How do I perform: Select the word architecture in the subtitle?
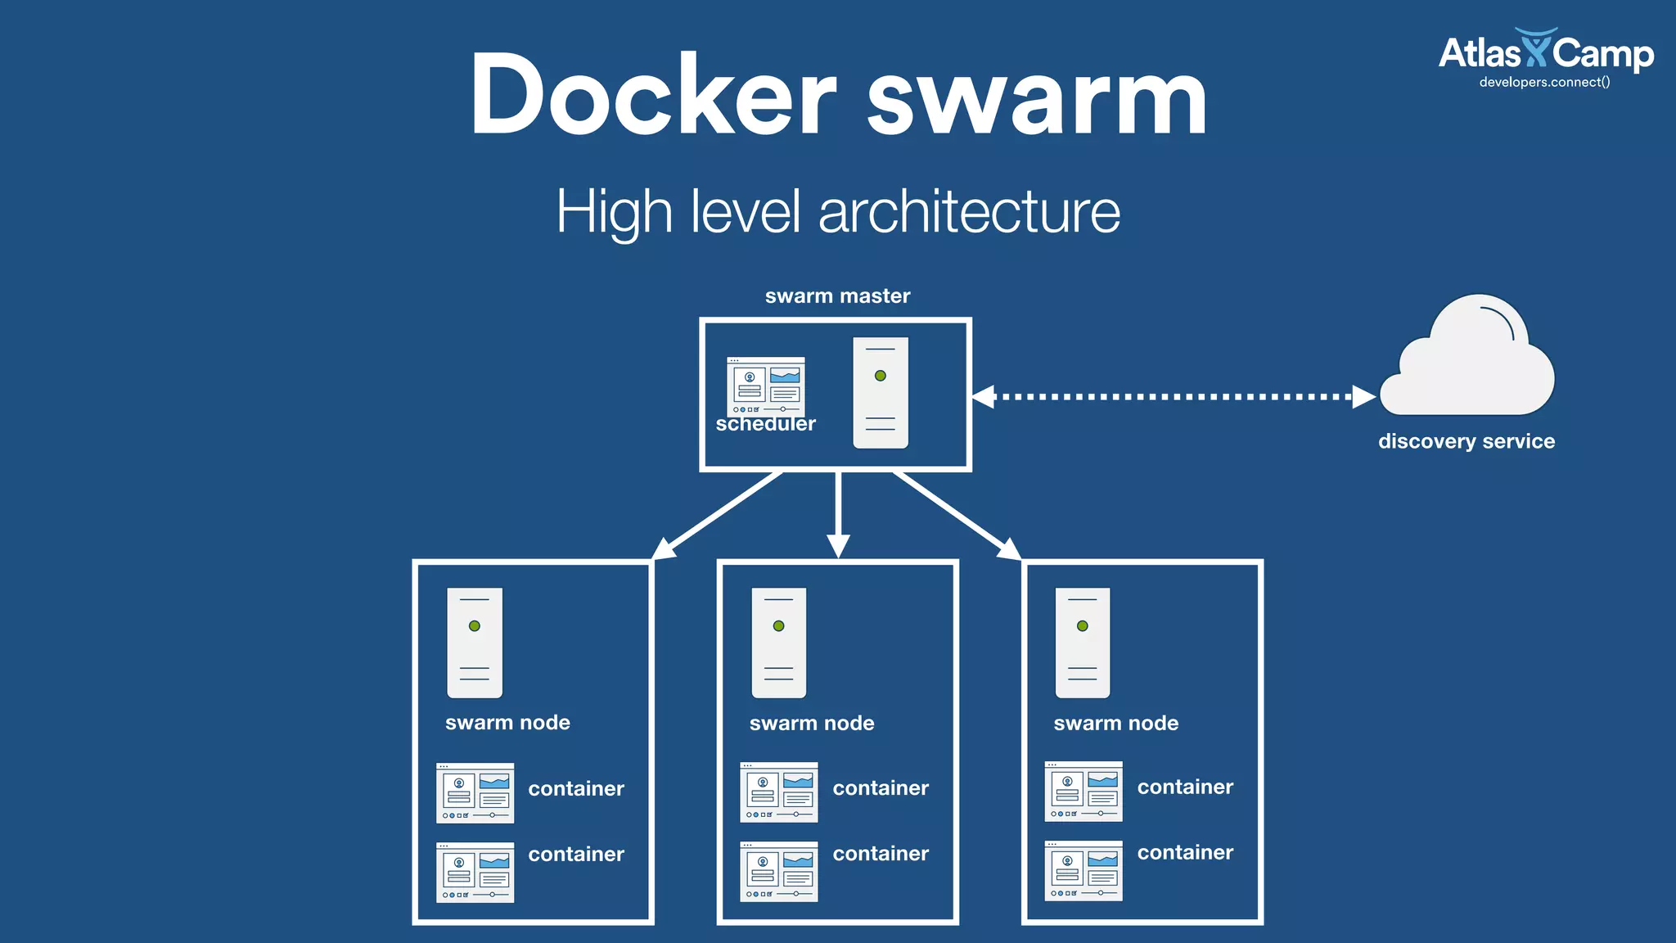(969, 212)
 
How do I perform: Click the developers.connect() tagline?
(1544, 82)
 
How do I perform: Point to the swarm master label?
(837, 296)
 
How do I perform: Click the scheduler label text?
(765, 424)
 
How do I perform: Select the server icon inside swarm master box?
(881, 393)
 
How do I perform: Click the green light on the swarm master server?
(881, 376)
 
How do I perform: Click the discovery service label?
(1466, 441)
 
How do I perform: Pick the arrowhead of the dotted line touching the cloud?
(1363, 397)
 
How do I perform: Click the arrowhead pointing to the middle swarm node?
(838, 545)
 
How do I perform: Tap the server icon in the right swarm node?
(1083, 643)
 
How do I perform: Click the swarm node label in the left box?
(507, 723)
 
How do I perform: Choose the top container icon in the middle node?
(779, 792)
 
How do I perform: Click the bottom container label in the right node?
(1185, 853)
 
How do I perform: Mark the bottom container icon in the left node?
(475, 873)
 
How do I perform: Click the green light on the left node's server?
(475, 626)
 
